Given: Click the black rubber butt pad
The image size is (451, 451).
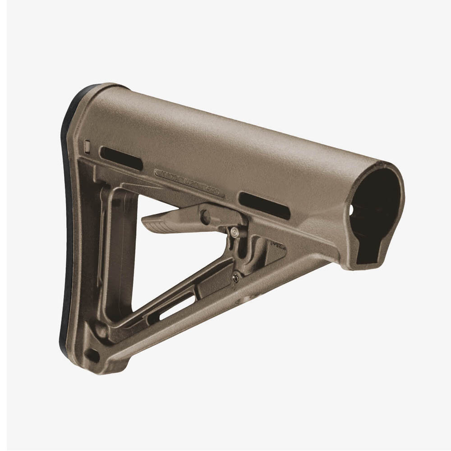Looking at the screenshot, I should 67,225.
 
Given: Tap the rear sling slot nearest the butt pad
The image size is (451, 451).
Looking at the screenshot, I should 121,158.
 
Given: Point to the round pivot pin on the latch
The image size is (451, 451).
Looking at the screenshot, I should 205,217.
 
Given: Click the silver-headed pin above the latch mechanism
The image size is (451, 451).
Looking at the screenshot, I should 234,232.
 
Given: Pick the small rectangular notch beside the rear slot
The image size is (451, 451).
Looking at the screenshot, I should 87,147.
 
